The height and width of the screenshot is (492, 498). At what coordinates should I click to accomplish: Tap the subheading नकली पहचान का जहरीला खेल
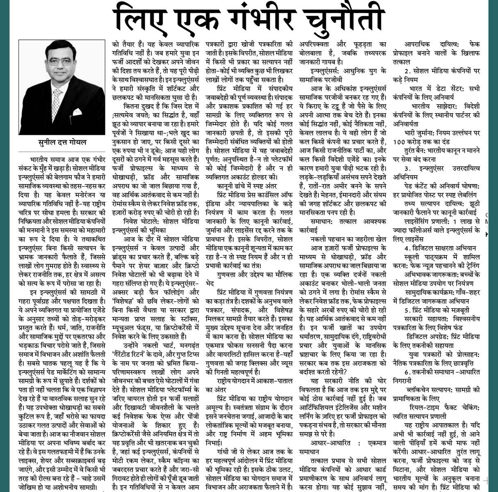(x=347, y=238)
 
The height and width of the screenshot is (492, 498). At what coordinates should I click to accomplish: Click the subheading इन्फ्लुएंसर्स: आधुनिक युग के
(x=348, y=71)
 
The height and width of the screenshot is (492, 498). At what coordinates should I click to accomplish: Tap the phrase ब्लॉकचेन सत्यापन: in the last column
(x=430, y=389)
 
